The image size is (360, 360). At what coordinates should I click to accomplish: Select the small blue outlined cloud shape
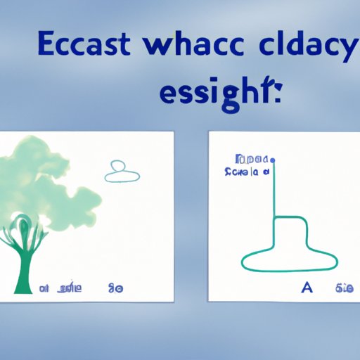pos(122,172)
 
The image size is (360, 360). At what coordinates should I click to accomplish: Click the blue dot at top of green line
pos(273,160)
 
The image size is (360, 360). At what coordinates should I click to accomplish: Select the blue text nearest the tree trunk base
pos(44,288)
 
